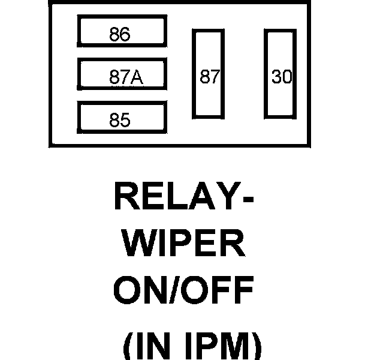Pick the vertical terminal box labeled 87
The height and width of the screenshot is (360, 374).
click(x=208, y=74)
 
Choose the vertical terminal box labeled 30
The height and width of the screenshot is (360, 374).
click(x=281, y=74)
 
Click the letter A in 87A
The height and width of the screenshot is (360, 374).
click(x=138, y=77)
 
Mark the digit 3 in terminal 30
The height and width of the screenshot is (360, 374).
click(x=276, y=77)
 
